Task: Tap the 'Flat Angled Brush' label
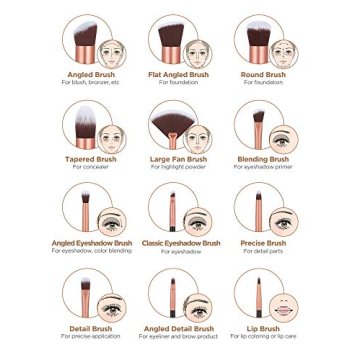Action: click(x=179, y=75)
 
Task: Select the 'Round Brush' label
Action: click(x=263, y=75)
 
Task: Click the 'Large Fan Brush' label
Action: click(x=179, y=159)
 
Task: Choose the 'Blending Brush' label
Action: click(x=263, y=159)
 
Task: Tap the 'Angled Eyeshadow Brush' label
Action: click(x=92, y=243)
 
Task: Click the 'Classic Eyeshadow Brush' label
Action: click(x=180, y=243)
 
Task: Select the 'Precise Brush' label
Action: click(x=263, y=243)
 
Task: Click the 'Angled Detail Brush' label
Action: click(x=179, y=328)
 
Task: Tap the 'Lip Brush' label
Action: click(x=263, y=328)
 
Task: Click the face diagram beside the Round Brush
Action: click(x=286, y=48)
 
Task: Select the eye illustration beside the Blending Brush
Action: click(x=284, y=137)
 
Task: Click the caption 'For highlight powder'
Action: click(x=179, y=166)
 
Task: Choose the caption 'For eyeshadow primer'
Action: click(x=263, y=166)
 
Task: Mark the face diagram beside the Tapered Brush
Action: click(x=113, y=137)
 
